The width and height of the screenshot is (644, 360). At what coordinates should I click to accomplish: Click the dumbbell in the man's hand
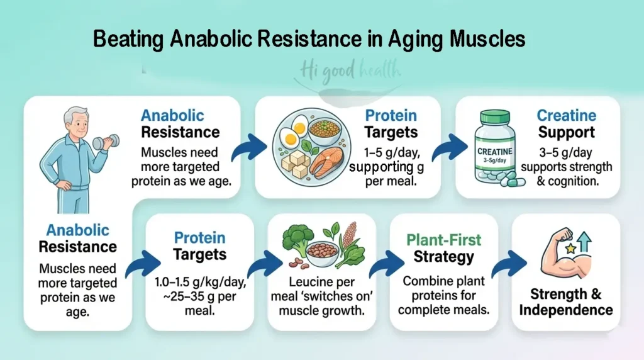(x=101, y=142)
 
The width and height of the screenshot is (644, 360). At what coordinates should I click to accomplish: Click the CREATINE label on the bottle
(x=495, y=152)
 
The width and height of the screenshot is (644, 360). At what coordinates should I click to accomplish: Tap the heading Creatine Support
(x=565, y=124)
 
